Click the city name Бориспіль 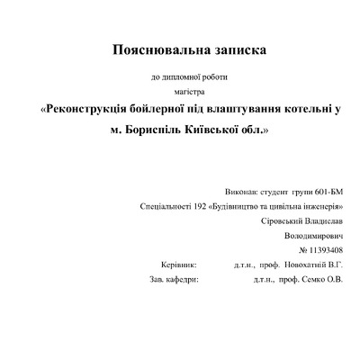150,130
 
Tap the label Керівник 165,265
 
